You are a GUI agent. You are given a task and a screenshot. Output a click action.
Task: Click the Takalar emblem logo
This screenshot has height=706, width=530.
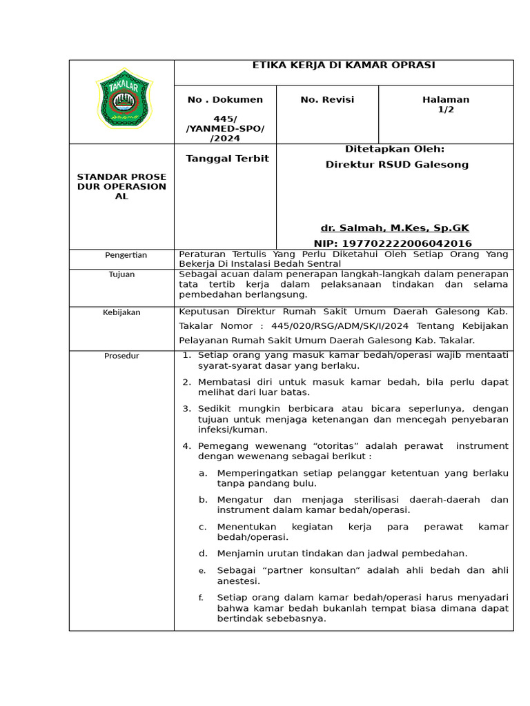click(x=123, y=99)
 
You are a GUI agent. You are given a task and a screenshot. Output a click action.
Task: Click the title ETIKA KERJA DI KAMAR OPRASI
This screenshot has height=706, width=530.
click(x=343, y=65)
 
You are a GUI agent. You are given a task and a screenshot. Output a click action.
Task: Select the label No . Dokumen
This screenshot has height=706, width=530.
click(x=225, y=100)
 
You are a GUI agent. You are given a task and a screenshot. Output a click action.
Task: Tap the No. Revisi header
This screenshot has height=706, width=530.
click(x=327, y=100)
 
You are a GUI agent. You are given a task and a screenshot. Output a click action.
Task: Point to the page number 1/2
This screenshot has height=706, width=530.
click(x=446, y=110)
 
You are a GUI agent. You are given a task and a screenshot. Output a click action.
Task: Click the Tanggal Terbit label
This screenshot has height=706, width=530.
click(x=227, y=159)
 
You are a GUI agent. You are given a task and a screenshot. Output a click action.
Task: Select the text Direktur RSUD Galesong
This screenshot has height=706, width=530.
click(x=397, y=165)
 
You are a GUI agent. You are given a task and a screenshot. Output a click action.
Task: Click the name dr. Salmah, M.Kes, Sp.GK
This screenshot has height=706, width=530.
click(x=395, y=228)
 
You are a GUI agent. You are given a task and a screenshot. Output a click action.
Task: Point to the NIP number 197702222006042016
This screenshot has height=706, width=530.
click(x=393, y=243)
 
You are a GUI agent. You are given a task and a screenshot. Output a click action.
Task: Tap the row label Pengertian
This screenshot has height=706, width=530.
click(x=126, y=255)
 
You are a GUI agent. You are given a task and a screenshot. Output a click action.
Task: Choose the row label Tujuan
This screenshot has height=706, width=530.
click(x=121, y=274)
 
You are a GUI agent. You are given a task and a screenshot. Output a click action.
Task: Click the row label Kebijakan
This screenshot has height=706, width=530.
click(x=121, y=312)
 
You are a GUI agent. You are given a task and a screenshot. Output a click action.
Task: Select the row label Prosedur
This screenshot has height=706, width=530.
click(x=121, y=356)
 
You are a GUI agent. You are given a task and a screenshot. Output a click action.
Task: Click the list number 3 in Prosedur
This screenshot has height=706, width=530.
click(x=186, y=409)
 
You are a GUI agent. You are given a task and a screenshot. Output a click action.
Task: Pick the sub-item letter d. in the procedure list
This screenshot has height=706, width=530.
click(x=203, y=553)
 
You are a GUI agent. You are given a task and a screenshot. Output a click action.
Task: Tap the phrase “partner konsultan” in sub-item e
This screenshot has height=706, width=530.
click(x=300, y=570)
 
